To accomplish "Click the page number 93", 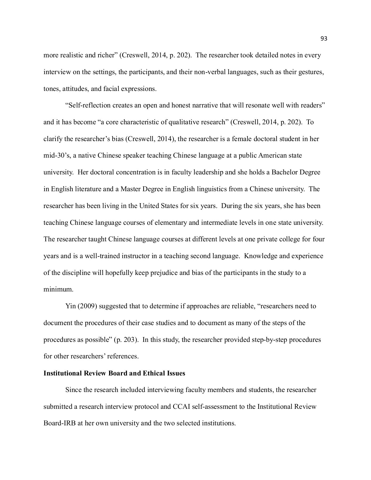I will tap(324, 39).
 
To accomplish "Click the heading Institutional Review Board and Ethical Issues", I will tap(114, 373).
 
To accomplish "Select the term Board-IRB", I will tap(59, 423).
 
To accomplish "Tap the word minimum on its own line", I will tap(58, 289).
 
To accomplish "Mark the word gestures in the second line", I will tap(311, 72).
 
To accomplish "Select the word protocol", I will tap(157, 407).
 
